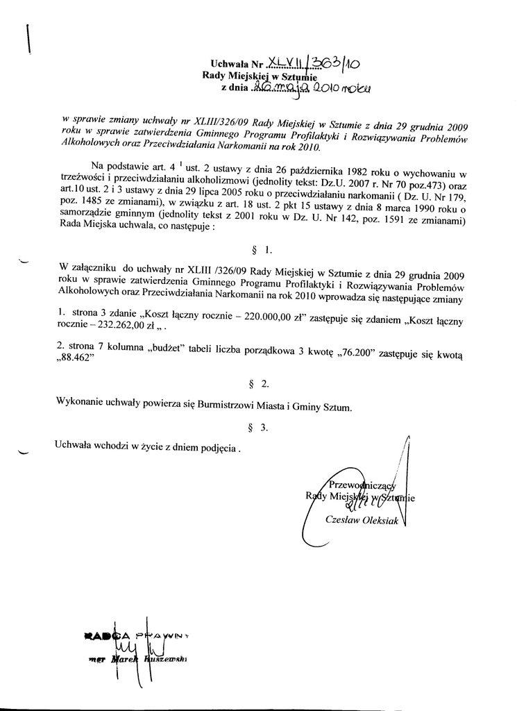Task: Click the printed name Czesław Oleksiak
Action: (361, 520)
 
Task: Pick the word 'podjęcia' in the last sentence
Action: (215, 449)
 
